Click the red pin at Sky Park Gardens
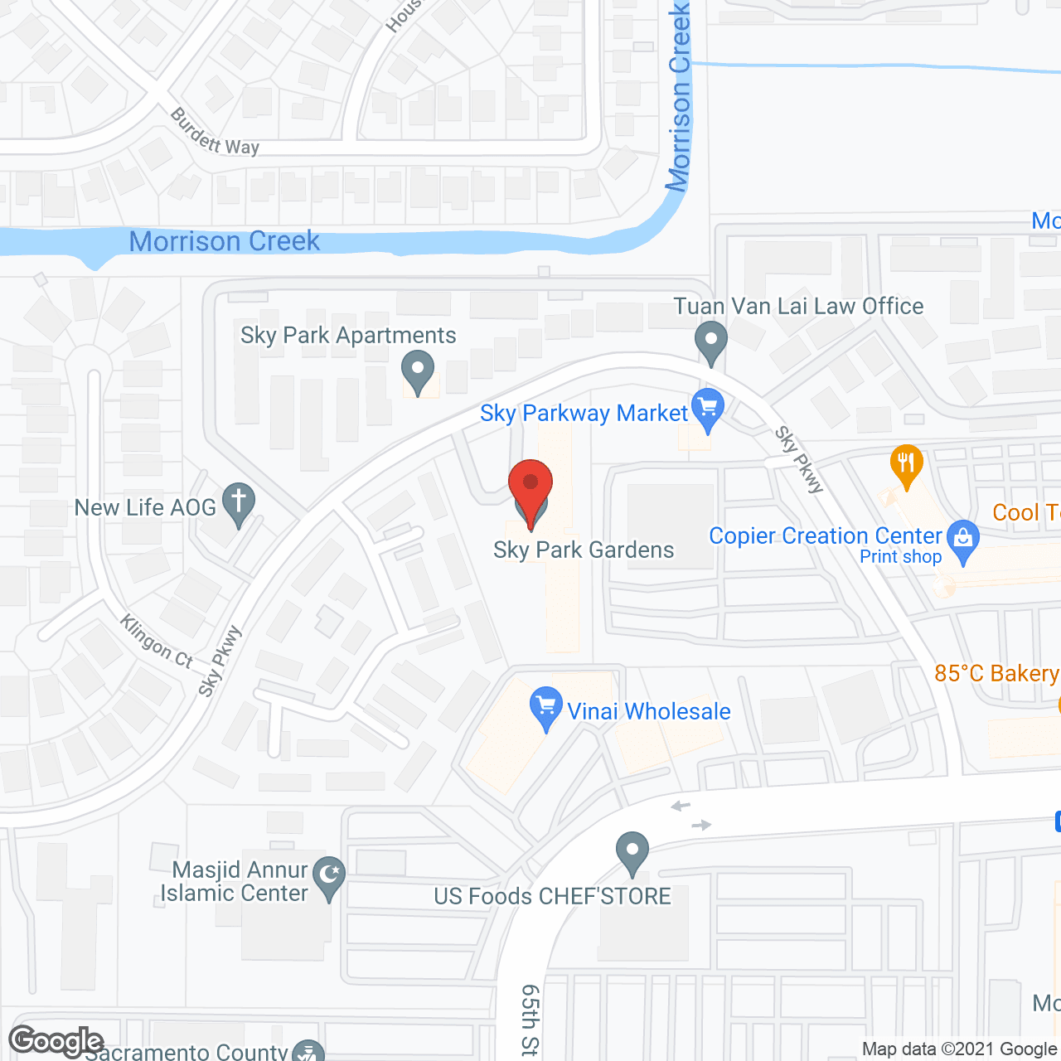click(530, 488)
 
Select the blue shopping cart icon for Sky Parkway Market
click(707, 409)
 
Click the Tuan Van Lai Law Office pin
click(710, 342)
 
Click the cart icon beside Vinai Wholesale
click(545, 707)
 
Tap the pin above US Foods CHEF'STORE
click(632, 851)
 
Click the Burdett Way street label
click(214, 133)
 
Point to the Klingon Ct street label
click(157, 642)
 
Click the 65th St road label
click(529, 1019)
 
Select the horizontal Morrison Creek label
click(224, 241)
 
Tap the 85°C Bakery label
click(996, 673)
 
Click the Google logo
click(56, 1041)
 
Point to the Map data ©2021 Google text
click(960, 1049)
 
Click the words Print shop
click(900, 557)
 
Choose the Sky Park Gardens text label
click(584, 550)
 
